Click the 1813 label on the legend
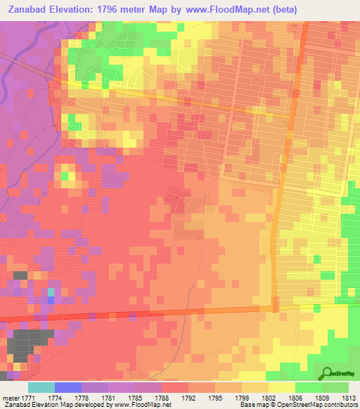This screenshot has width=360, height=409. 348,397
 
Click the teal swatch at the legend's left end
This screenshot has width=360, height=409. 41,387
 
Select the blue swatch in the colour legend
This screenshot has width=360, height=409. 67,387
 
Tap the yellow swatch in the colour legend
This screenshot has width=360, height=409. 282,387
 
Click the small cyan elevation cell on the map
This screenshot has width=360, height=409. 50,291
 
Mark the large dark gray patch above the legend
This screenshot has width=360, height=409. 26,343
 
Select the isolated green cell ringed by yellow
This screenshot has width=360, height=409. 65,176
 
